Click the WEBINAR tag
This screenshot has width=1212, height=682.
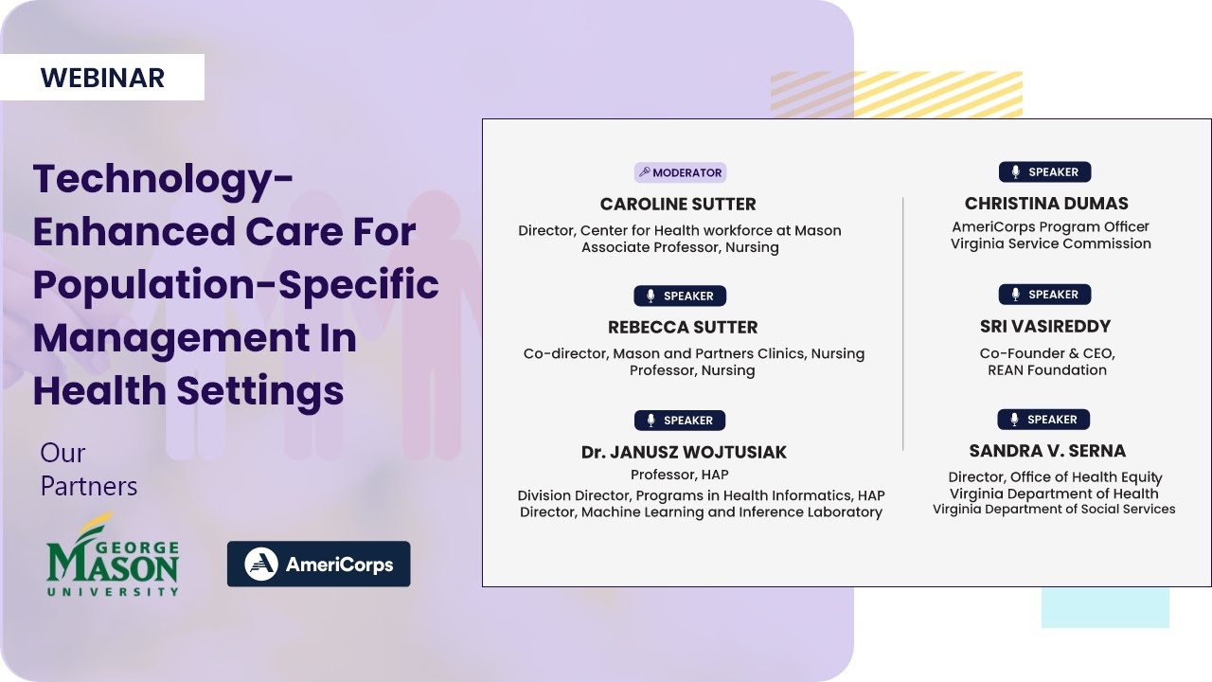(x=102, y=78)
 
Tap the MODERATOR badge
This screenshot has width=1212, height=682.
(x=680, y=172)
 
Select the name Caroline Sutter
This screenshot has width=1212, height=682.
(x=678, y=204)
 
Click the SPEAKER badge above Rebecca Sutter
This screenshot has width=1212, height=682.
(x=680, y=296)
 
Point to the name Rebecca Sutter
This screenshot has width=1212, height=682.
(x=683, y=327)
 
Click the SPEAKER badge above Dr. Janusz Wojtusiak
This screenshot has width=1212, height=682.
(x=680, y=421)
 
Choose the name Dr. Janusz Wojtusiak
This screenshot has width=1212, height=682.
(x=684, y=452)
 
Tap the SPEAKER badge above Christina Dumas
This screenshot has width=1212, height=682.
(x=1044, y=171)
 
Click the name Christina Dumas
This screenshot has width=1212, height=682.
(x=1046, y=203)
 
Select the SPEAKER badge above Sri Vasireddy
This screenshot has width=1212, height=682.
(x=1044, y=295)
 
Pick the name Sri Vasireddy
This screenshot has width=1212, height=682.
(x=1045, y=326)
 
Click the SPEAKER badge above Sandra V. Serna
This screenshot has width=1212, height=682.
(x=1043, y=419)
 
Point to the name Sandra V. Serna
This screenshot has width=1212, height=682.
(x=1047, y=451)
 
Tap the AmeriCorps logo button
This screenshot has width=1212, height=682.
(x=318, y=565)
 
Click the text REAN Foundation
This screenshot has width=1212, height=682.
(x=1047, y=370)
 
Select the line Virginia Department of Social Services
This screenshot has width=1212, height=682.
(x=1054, y=509)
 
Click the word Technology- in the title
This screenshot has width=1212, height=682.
(x=163, y=178)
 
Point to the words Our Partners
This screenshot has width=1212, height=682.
(x=88, y=470)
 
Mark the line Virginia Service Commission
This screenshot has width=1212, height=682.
(x=1051, y=243)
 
